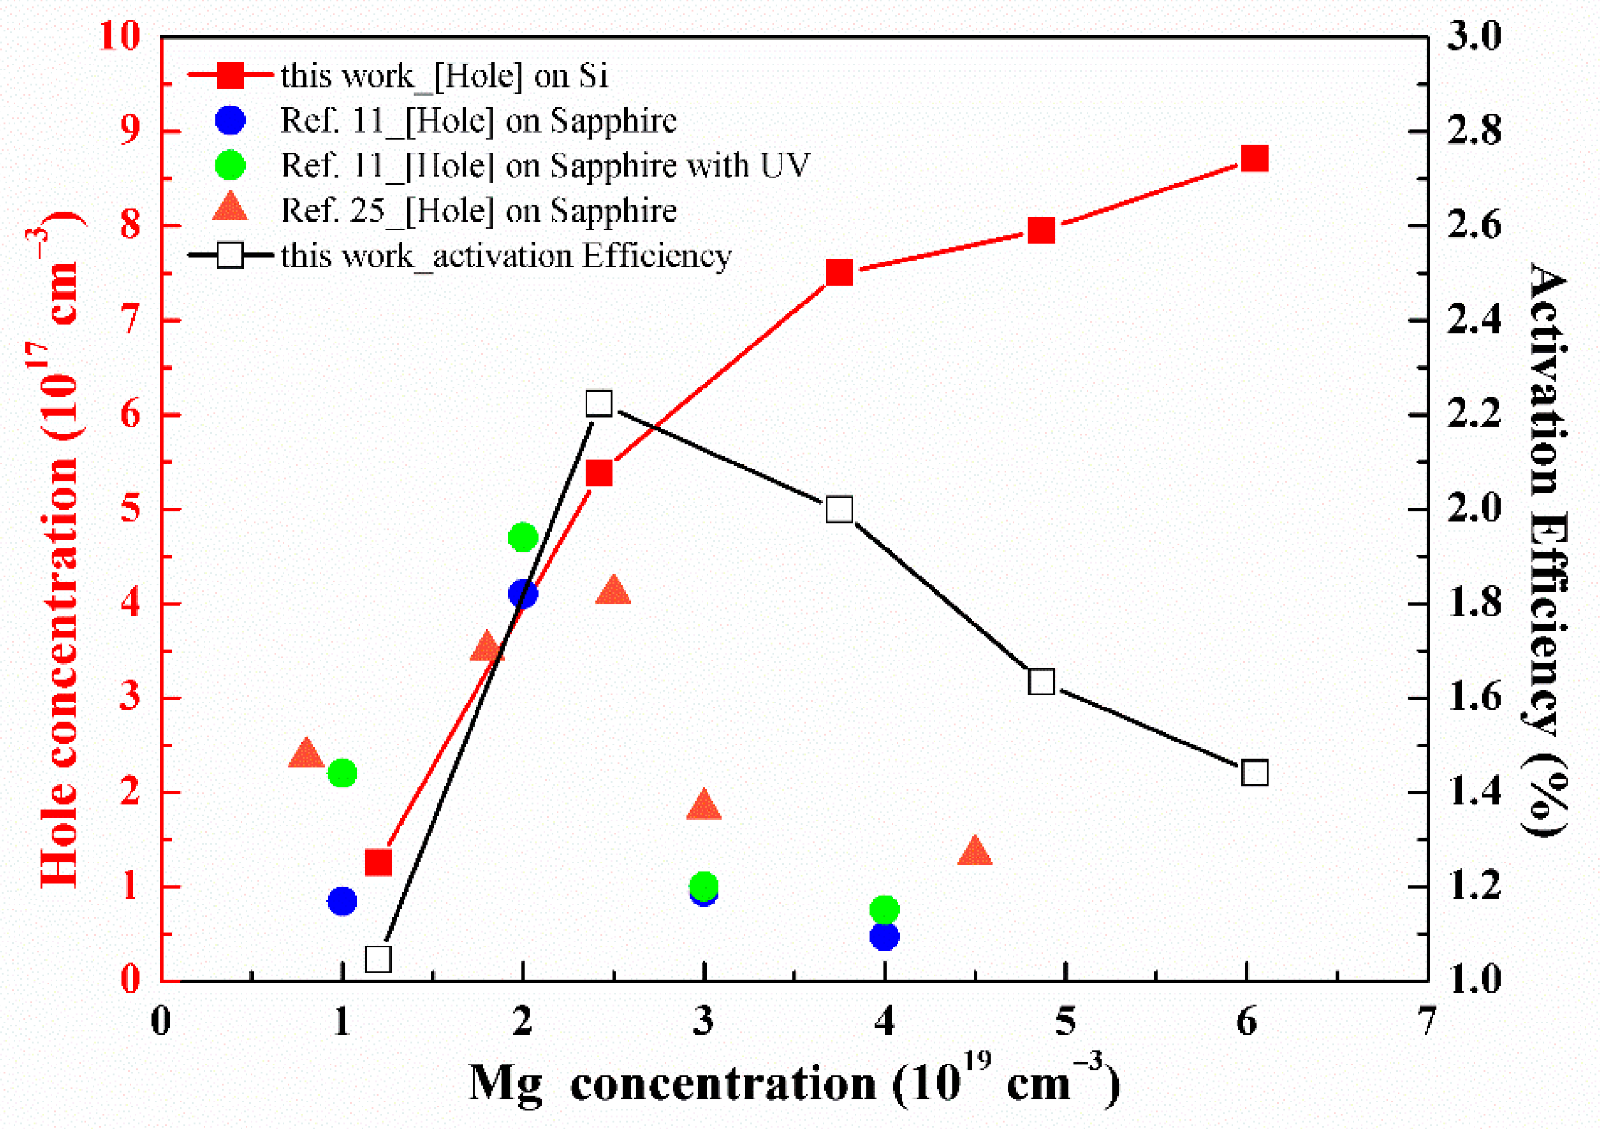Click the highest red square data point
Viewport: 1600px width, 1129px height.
pos(1254,158)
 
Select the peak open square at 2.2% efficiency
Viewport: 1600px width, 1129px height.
pos(599,403)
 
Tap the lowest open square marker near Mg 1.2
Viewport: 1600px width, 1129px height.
pos(378,960)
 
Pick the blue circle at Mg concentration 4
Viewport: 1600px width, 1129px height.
pos(884,936)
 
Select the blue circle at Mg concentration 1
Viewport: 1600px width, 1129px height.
pos(341,901)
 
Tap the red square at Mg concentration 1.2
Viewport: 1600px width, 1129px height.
pos(378,863)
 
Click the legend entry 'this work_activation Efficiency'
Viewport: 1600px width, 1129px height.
pos(505,256)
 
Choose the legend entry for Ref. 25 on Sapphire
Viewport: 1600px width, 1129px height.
pos(478,211)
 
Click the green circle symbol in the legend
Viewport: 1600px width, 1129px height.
pos(230,166)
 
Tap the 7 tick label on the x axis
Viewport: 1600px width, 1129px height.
pos(1427,1022)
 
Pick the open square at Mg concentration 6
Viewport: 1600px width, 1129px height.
pos(1254,773)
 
